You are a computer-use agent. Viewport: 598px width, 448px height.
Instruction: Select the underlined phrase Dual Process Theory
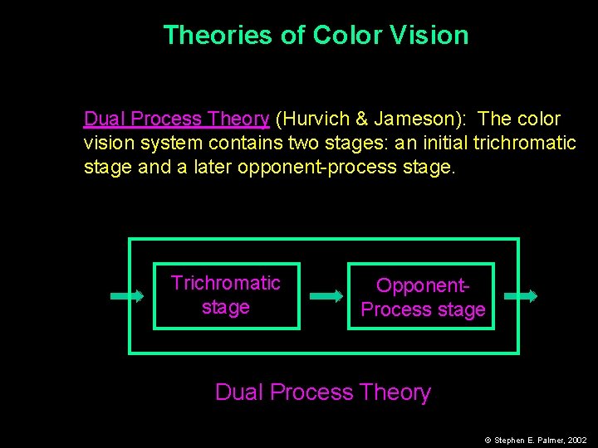click(x=176, y=119)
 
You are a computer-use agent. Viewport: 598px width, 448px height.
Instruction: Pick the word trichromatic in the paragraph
click(x=524, y=143)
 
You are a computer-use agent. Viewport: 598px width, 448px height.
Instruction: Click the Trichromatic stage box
click(x=226, y=295)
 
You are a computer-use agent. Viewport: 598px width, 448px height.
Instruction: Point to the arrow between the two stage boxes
click(x=326, y=295)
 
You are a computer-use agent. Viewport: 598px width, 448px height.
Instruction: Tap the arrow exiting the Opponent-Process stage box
click(x=521, y=295)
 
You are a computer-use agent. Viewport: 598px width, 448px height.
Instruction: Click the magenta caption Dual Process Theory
click(x=323, y=392)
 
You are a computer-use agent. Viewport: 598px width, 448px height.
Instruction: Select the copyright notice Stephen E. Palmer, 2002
click(x=536, y=441)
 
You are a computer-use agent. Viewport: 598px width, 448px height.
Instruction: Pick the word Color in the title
click(x=339, y=35)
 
